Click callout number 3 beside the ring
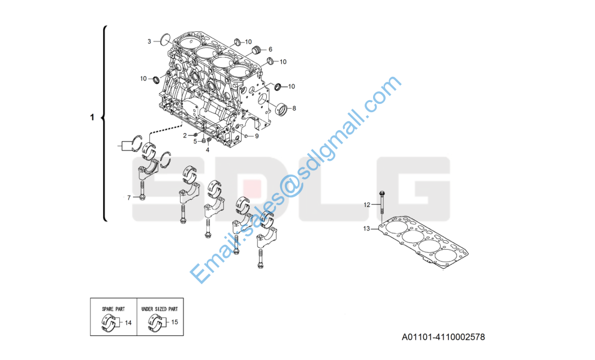[149, 41]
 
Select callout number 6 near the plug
[271, 49]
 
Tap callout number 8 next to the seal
[294, 108]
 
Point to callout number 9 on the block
[257, 136]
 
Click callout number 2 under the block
[185, 136]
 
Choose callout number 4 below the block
[208, 150]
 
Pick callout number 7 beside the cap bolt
[129, 198]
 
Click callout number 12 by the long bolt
[367, 205]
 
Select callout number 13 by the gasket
[366, 229]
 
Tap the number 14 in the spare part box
[128, 323]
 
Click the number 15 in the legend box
[175, 322]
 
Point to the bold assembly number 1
[92, 118]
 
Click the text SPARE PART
[113, 309]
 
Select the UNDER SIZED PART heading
[160, 309]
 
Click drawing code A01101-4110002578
[443, 337]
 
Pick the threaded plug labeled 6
[257, 50]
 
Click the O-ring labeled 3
[166, 39]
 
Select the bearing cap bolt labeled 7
[142, 190]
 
